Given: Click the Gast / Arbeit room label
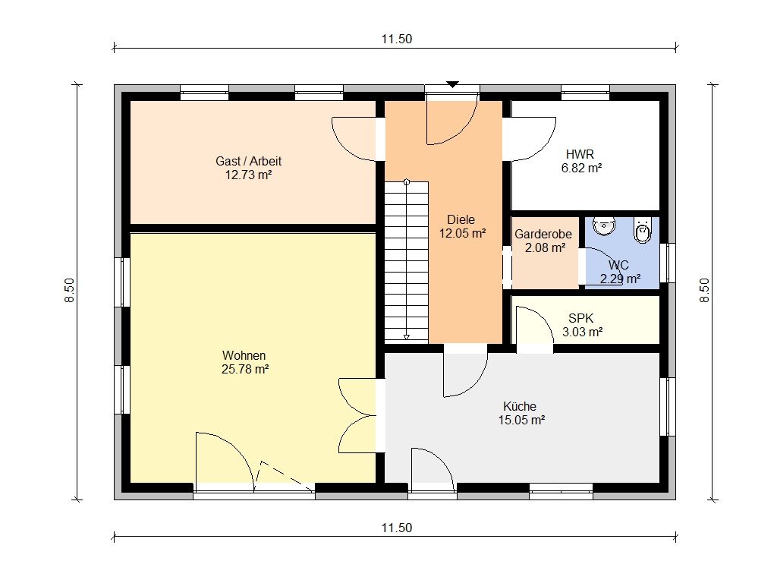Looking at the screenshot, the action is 248,161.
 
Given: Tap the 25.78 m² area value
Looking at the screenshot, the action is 245,370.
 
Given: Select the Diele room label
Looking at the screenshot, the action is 461,219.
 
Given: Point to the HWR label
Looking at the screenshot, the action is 580,154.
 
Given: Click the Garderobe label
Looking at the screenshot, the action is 543,234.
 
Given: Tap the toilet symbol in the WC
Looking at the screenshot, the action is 643,230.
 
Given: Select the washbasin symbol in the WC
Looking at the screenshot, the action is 604,225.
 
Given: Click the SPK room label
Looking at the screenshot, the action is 580,318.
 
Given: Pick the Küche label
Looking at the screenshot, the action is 519,407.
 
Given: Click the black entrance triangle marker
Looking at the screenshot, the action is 452,84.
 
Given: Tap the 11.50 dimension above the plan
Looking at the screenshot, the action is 396,39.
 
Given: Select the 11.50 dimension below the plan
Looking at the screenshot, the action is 396,528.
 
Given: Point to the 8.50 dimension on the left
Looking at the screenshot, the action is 69,291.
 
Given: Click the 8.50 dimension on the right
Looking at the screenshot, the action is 704,291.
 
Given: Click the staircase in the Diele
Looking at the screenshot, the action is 407,261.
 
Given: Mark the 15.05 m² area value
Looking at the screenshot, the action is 521,421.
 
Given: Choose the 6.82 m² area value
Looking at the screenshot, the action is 581,168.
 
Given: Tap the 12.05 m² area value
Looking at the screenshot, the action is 462,233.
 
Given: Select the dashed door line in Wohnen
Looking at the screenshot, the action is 285,475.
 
